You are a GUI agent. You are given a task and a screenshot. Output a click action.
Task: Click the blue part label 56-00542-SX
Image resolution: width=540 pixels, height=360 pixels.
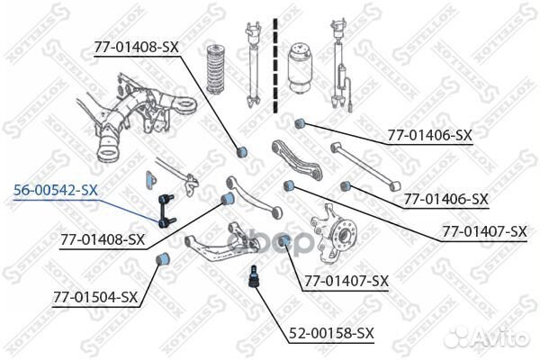coord(55,191)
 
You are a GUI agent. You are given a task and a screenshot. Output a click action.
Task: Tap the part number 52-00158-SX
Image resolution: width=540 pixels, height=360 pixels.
coord(330,335)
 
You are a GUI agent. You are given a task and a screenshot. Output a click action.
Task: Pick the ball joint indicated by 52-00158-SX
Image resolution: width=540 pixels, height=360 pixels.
coord(254,274)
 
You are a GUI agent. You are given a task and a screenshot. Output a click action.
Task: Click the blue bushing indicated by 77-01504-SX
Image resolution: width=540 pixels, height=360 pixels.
coord(164,261)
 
